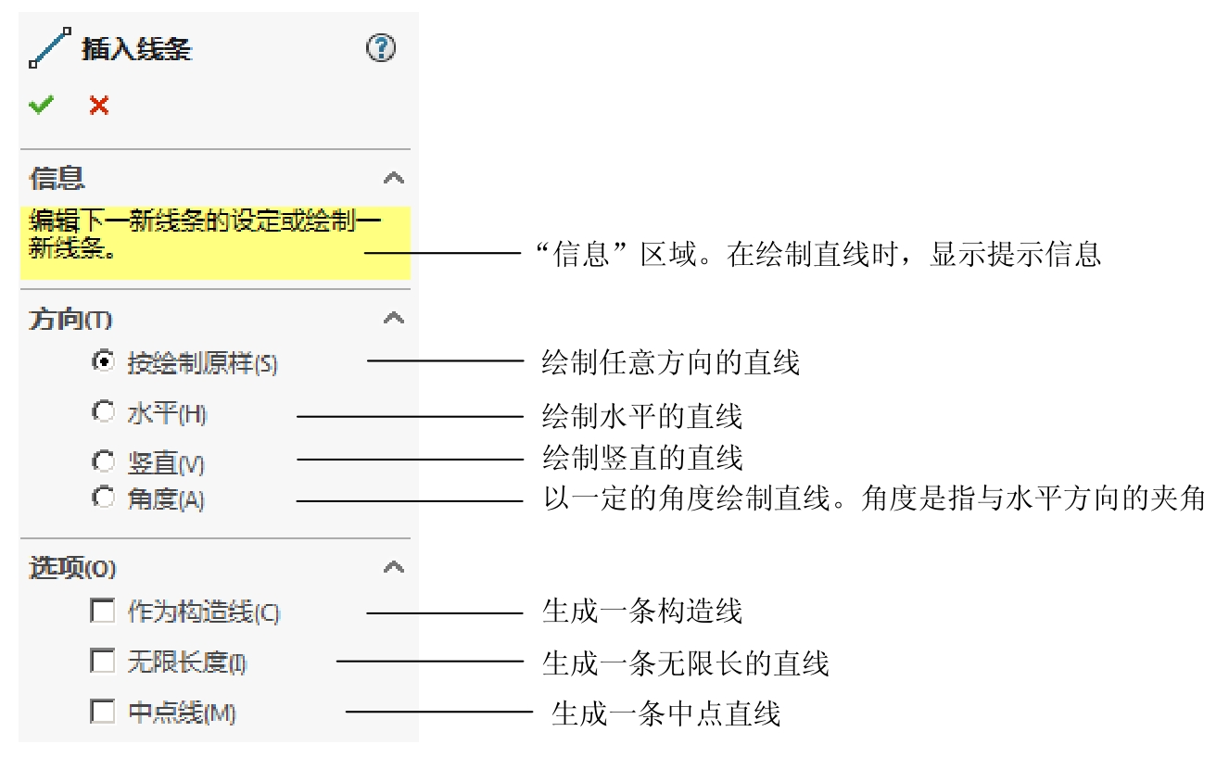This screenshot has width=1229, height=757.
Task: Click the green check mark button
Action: pyautogui.click(x=41, y=106)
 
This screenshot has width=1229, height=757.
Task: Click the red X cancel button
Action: pyautogui.click(x=99, y=106)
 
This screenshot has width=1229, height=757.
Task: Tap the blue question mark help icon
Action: pyautogui.click(x=381, y=48)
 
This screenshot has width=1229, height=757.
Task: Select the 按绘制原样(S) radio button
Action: pyautogui.click(x=103, y=361)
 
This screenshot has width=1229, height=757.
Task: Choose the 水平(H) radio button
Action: pyautogui.click(x=103, y=412)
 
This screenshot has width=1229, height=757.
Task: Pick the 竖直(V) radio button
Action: pyautogui.click(x=103, y=461)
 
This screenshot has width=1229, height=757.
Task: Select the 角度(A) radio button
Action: pyautogui.click(x=103, y=498)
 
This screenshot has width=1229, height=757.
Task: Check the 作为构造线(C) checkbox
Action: pyautogui.click(x=102, y=612)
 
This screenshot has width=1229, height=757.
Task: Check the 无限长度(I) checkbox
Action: pyautogui.click(x=102, y=662)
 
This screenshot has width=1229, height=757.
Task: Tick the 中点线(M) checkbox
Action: pyautogui.click(x=102, y=712)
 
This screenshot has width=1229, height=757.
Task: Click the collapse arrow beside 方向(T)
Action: pyautogui.click(x=394, y=318)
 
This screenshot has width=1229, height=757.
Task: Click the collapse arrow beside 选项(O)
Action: pyautogui.click(x=394, y=566)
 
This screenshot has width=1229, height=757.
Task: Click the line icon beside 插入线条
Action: pyautogui.click(x=50, y=48)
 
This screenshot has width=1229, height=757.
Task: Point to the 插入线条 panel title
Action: pyautogui.click(x=136, y=49)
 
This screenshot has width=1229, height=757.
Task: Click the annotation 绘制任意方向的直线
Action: pyautogui.click(x=670, y=362)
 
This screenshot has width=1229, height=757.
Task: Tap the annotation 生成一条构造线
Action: pyautogui.click(x=641, y=612)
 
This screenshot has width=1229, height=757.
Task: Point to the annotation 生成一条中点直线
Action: pyautogui.click(x=665, y=713)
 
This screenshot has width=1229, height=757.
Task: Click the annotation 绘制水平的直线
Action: pyautogui.click(x=641, y=416)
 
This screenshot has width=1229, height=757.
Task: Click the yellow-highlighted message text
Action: pyautogui.click(x=204, y=235)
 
